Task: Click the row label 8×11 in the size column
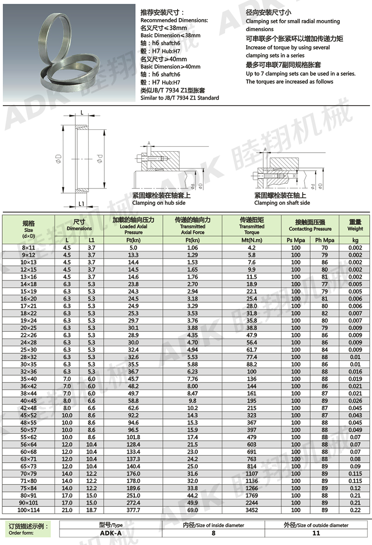(x=29, y=248)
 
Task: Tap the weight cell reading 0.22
(x=355, y=510)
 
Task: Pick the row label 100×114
(x=29, y=510)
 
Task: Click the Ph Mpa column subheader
(x=325, y=240)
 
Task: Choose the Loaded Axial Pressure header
(x=133, y=226)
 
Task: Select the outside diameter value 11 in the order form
(x=316, y=533)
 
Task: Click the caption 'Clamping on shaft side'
(x=282, y=203)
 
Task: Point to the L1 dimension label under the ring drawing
(x=81, y=204)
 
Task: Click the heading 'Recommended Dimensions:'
(x=174, y=20)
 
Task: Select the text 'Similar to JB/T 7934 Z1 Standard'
(x=179, y=98)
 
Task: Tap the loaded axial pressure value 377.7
(x=133, y=510)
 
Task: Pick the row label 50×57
(x=29, y=430)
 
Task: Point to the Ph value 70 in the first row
(x=325, y=248)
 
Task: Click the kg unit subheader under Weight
(x=355, y=240)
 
